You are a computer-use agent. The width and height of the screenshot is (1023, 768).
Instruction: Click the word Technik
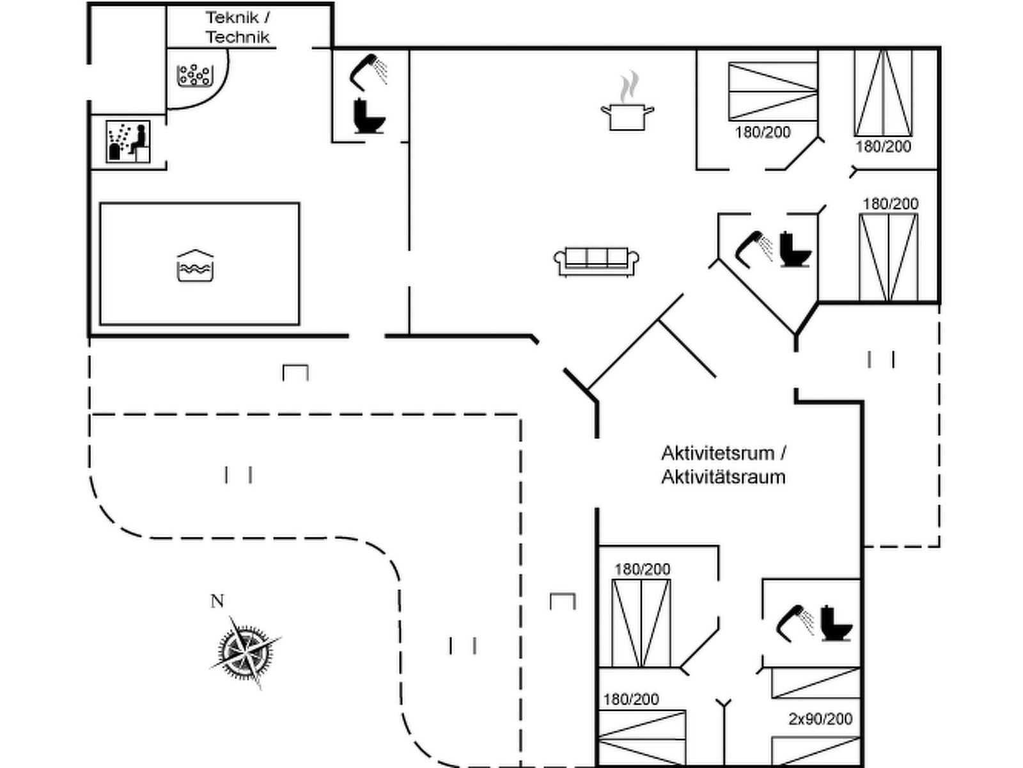click(x=238, y=37)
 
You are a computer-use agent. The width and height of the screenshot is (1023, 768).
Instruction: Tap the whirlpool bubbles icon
click(x=194, y=76)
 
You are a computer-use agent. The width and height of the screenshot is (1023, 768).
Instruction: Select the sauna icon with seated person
click(x=129, y=141)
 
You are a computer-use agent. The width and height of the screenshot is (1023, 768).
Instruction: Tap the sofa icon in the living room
click(x=596, y=261)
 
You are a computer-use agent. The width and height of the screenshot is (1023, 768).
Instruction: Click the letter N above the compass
click(x=217, y=601)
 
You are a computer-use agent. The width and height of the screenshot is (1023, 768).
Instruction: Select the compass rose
click(x=244, y=652)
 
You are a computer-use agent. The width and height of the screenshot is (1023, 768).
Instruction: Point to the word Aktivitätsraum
click(x=723, y=477)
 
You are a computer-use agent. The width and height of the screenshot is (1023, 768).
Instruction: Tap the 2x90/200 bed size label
click(x=820, y=719)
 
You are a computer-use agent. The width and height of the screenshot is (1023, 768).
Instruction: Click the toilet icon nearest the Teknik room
click(x=369, y=116)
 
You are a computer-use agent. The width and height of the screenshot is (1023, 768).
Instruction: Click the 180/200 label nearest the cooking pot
click(x=763, y=132)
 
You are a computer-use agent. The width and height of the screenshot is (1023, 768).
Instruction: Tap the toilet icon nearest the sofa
click(x=795, y=250)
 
